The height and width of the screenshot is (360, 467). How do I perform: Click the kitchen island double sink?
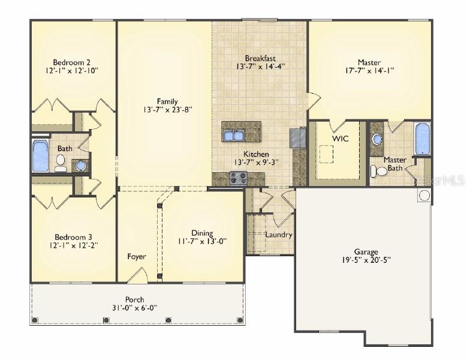coord(234,136)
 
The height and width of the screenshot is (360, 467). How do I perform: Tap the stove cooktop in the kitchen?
coord(239,178)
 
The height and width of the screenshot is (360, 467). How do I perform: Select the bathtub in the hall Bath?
coord(41,155)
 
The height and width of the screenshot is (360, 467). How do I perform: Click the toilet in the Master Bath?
coord(378,172)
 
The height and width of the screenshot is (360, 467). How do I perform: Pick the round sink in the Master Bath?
coord(378,139)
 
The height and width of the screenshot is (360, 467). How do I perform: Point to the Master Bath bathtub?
coord(422,139)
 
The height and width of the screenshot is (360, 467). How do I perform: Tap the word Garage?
coord(366,252)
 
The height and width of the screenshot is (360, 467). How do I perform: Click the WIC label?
coord(341,139)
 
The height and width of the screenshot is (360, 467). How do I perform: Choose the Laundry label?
coord(279,235)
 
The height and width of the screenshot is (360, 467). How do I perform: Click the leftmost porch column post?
coord(35,320)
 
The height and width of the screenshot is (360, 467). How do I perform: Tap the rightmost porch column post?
coord(240,320)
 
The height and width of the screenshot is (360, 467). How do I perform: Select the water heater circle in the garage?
coord(424,195)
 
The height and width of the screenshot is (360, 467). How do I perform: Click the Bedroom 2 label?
coord(71,62)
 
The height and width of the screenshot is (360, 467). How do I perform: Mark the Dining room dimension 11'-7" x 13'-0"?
coord(202,241)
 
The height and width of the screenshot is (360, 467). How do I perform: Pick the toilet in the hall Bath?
coord(61,163)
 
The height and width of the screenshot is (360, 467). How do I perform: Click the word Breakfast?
coord(260,58)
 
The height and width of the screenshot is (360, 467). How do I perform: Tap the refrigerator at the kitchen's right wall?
coord(298,137)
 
